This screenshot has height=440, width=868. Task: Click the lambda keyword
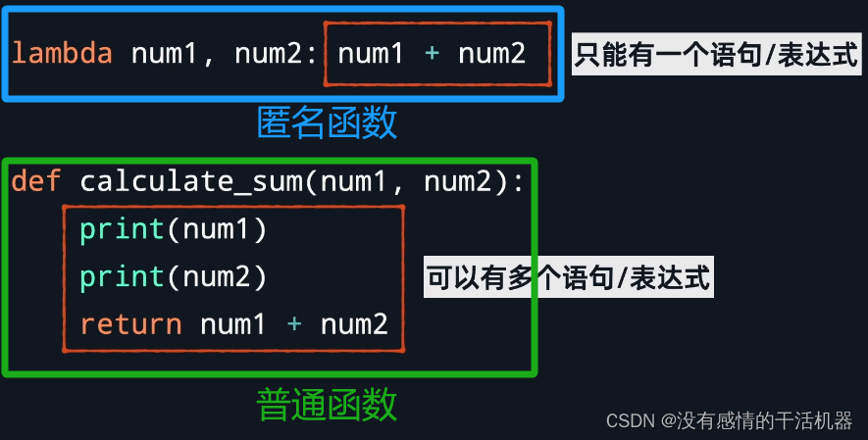point(61,53)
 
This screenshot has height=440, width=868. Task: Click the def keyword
point(36,181)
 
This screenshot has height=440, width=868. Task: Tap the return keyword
point(130,324)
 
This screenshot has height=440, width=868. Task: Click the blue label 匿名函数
point(327,122)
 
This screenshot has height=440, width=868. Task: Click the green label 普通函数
point(327,403)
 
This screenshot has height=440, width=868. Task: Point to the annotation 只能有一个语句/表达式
point(716,54)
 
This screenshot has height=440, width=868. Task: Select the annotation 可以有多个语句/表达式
point(567,278)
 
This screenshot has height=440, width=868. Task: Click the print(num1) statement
point(174,229)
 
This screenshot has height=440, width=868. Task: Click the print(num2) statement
point(174,277)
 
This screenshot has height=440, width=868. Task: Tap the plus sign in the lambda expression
point(431,53)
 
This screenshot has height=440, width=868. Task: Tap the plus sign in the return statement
point(293,324)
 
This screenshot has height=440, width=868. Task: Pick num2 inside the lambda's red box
point(491,53)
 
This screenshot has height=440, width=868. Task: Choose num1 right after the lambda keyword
point(165,53)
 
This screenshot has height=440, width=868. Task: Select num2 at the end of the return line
point(354,324)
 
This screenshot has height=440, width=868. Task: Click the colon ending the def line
point(519,181)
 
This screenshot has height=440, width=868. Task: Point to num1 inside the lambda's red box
point(371,53)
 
